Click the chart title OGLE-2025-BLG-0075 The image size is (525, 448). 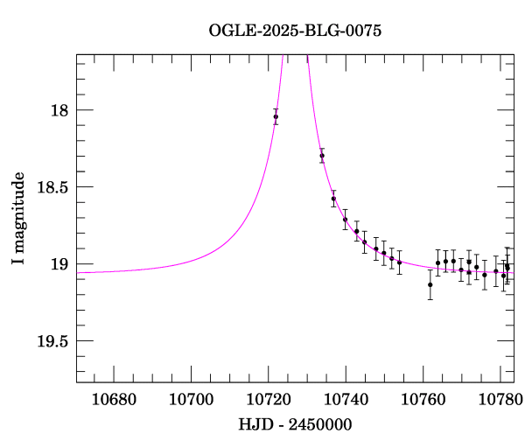(295, 31)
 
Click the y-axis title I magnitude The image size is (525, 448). (18, 218)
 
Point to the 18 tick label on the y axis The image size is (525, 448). (59, 110)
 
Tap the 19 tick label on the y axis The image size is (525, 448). (59, 264)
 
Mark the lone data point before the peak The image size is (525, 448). (276, 116)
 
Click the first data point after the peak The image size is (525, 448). (322, 156)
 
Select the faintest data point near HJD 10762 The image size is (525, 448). (430, 284)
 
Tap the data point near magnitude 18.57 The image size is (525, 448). (333, 199)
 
